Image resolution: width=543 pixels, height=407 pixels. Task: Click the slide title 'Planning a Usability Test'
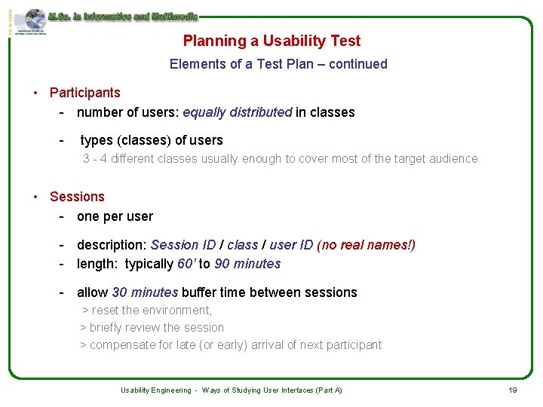[271, 41]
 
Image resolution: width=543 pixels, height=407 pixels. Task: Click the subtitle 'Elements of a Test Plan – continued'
[278, 64]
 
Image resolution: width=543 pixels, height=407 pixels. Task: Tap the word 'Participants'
[84, 93]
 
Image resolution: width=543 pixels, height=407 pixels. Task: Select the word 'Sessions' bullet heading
[77, 197]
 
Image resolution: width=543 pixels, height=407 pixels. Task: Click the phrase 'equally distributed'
[237, 112]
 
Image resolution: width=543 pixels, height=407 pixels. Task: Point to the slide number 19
[512, 390]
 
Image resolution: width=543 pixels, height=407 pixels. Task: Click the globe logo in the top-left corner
[33, 20]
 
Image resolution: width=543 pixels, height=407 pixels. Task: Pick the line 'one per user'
[115, 216]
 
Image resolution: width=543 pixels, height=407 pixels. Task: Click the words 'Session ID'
[183, 245]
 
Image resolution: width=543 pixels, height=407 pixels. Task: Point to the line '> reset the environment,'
[147, 310]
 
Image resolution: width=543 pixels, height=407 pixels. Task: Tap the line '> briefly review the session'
[152, 327]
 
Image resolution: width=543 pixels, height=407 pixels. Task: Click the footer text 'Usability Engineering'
[155, 390]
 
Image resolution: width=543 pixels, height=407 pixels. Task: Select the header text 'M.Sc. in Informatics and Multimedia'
[122, 16]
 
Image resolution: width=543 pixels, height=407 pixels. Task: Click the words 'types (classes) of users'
[151, 140]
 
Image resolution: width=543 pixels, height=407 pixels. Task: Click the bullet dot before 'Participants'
[35, 93]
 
